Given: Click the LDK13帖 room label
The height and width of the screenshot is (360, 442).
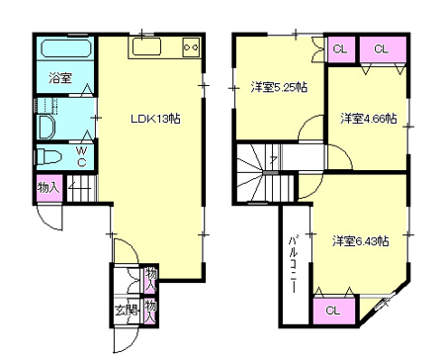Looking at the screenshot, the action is pos(155,119).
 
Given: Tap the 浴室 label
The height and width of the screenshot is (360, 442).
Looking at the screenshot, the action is pos(60,78).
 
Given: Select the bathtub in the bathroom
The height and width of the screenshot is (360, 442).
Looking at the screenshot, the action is pos(66,48).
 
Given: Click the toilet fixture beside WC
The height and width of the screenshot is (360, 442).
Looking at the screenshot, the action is pos(48,156).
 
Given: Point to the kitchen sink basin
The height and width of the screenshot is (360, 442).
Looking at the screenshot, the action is pos(146,46).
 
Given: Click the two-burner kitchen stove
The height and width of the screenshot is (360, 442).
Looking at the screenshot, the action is pos(191,47).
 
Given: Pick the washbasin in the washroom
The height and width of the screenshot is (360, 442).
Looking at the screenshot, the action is pos(46,127).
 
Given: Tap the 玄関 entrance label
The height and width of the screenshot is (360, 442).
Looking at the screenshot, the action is pos(127,311).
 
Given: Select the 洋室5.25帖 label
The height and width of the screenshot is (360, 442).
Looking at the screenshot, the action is pos(279,87).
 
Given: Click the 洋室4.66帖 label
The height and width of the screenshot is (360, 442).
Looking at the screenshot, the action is pos(368,118).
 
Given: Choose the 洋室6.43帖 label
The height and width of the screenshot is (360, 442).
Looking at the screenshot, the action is pos(360,241).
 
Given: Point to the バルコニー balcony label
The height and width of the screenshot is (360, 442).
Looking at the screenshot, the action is pos(294,264).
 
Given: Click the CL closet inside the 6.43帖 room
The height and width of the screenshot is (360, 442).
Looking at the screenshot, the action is pos(333,311).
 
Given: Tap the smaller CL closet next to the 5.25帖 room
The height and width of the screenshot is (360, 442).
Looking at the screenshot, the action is pos(340,49).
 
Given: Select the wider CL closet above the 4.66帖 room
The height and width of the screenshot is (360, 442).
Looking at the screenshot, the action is pos(383,49).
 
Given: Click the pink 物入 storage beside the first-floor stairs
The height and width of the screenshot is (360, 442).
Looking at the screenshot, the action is pos(49,188).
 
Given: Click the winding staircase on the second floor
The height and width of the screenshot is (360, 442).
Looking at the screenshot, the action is pos(264,173).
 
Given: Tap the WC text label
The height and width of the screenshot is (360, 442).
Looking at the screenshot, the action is pos(82,156).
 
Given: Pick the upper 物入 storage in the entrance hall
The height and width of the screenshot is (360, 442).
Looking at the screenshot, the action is pos(151,279).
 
